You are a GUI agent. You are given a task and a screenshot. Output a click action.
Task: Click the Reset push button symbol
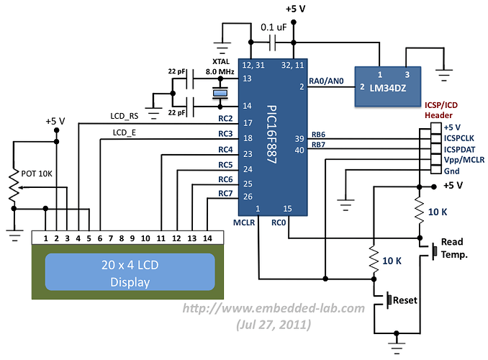point(389,298)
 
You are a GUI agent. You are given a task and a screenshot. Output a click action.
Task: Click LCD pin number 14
point(207,238)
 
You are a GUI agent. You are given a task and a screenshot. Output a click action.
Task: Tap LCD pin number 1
point(45,238)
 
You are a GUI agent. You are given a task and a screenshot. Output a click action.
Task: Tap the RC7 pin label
point(225,193)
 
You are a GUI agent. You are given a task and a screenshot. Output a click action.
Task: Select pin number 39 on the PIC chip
point(299,138)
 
